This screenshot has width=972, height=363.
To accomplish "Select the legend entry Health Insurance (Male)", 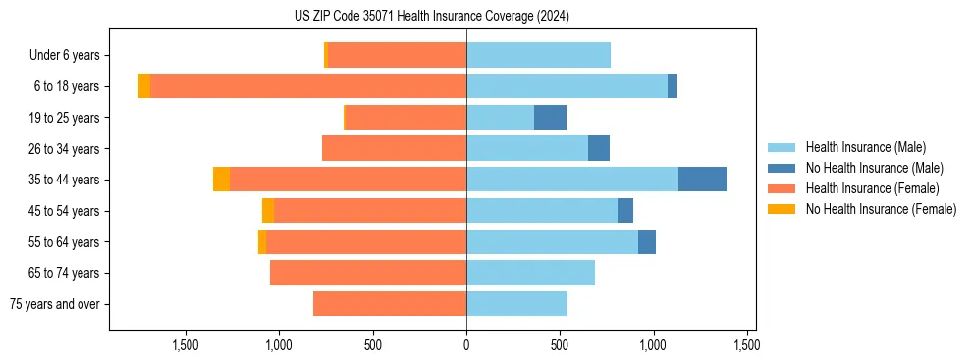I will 865,147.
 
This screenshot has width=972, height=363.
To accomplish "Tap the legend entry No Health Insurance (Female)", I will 881,209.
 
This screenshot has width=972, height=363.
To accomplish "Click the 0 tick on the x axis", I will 466,345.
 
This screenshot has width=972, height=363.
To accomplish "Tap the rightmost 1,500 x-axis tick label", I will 746,345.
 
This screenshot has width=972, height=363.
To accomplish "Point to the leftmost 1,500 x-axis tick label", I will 186,345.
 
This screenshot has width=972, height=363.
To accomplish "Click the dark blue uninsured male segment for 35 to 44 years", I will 702,180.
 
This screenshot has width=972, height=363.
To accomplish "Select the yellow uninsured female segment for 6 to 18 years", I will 144,86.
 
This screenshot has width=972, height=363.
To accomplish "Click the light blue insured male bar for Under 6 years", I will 538,55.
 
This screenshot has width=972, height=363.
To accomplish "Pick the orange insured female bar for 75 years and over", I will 390,304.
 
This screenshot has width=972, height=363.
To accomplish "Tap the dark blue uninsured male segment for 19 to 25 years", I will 550,118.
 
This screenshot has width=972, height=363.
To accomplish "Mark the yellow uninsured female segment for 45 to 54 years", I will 268,211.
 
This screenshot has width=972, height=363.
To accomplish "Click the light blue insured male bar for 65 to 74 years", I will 530,273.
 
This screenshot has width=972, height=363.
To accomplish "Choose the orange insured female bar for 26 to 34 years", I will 394,148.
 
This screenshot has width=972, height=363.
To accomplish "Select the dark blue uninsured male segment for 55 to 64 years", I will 647,242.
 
